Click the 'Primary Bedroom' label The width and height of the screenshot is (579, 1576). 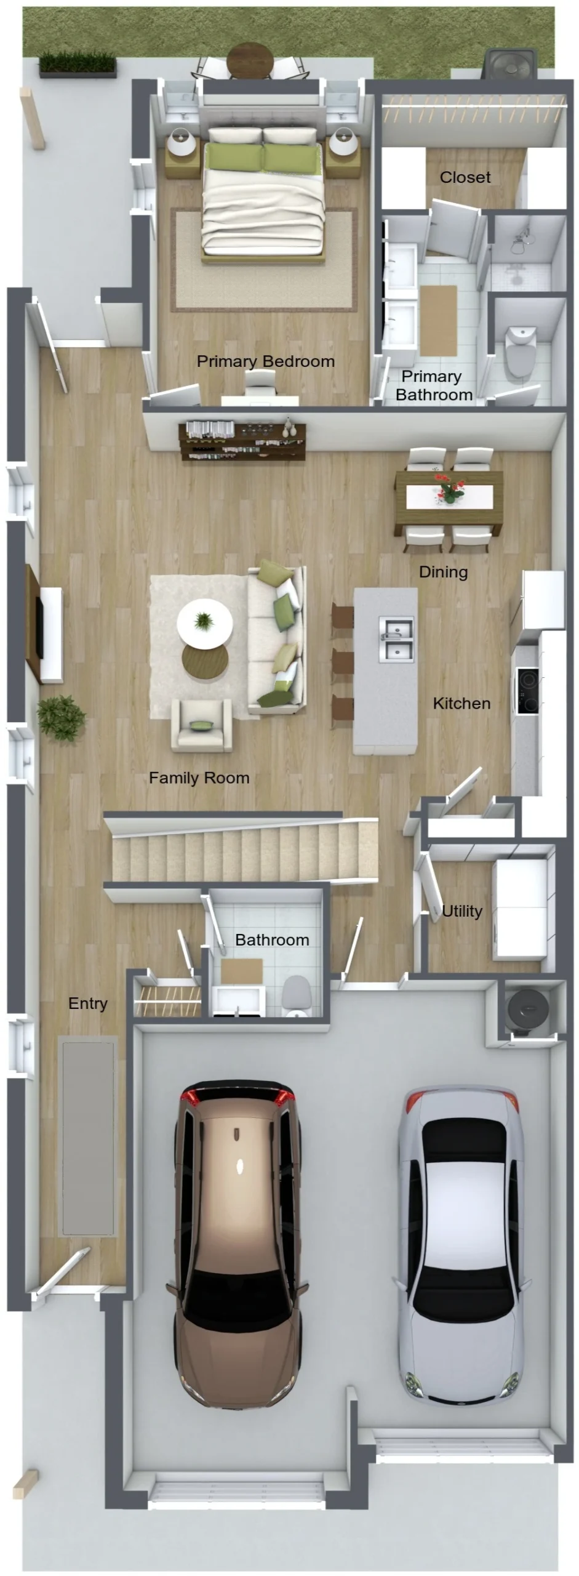tap(266, 361)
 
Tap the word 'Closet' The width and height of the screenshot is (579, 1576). tap(465, 177)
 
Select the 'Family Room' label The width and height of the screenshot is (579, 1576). tap(199, 778)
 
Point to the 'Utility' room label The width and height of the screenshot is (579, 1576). tap(462, 911)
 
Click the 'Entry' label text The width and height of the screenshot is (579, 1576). tap(88, 1004)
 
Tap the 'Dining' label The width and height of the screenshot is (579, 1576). tap(444, 573)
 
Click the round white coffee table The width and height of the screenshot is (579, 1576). tap(205, 622)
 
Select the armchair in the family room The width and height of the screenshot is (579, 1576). tap(202, 725)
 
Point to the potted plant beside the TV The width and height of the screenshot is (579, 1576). tap(61, 718)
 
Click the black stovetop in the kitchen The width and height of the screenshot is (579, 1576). tap(527, 691)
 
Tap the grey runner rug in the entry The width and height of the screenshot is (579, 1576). tap(88, 1136)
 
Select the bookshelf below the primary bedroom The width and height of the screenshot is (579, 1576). tap(242, 441)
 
